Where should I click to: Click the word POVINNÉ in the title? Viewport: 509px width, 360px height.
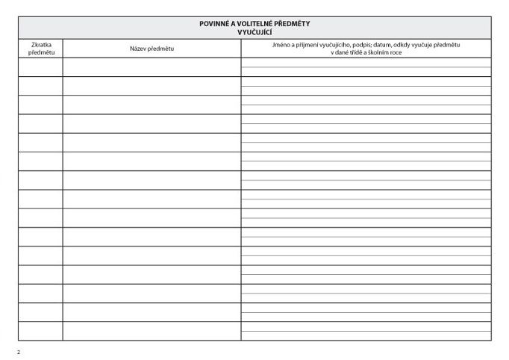(x=213, y=24)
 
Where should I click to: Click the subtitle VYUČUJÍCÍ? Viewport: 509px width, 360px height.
(x=254, y=31)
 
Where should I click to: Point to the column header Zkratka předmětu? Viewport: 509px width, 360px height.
(x=40, y=49)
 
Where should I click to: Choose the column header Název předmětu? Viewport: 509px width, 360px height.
(x=152, y=49)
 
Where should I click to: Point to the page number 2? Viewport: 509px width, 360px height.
(x=19, y=351)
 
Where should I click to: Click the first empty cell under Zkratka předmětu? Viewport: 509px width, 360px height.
(x=40, y=67)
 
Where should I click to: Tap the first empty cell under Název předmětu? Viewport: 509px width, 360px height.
(x=152, y=67)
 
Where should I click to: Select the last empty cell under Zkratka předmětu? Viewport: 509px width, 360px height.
(x=40, y=331)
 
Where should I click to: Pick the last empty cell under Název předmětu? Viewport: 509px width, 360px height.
(x=152, y=331)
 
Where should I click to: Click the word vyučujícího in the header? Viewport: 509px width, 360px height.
(x=341, y=45)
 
